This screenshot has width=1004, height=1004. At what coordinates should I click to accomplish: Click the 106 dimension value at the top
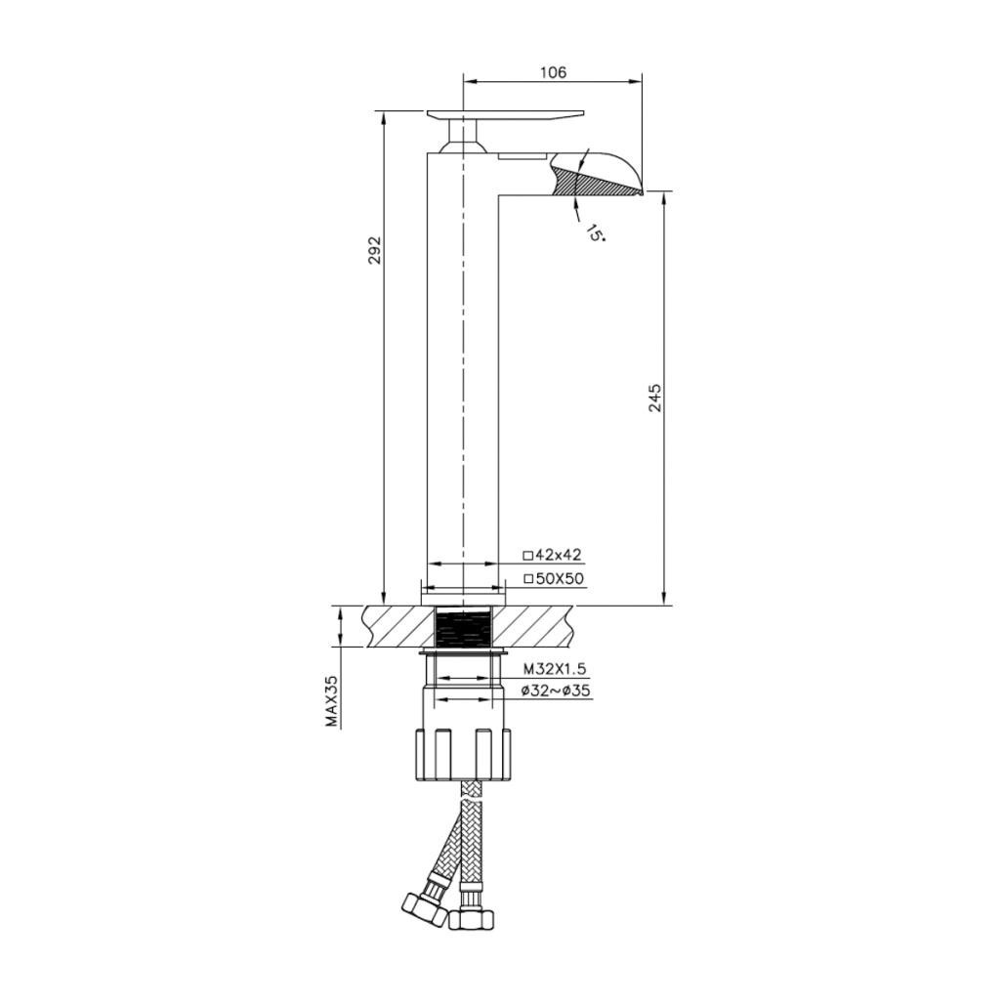(553, 72)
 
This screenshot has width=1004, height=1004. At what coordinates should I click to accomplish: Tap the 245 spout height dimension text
(655, 397)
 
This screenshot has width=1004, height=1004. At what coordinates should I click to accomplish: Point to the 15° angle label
(595, 232)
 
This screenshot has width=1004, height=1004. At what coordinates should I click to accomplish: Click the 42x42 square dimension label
(559, 555)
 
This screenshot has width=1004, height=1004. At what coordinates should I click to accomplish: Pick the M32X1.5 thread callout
(555, 669)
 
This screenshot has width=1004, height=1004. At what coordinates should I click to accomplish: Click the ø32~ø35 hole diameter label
(555, 690)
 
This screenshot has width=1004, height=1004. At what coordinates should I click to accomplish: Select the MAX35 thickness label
(332, 701)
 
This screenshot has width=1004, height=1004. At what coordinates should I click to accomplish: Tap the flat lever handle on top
(506, 115)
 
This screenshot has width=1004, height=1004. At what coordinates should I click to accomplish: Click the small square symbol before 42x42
(528, 555)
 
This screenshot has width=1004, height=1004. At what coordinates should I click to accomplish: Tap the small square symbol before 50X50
(528, 579)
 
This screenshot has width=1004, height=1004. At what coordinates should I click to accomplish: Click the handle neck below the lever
(463, 137)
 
